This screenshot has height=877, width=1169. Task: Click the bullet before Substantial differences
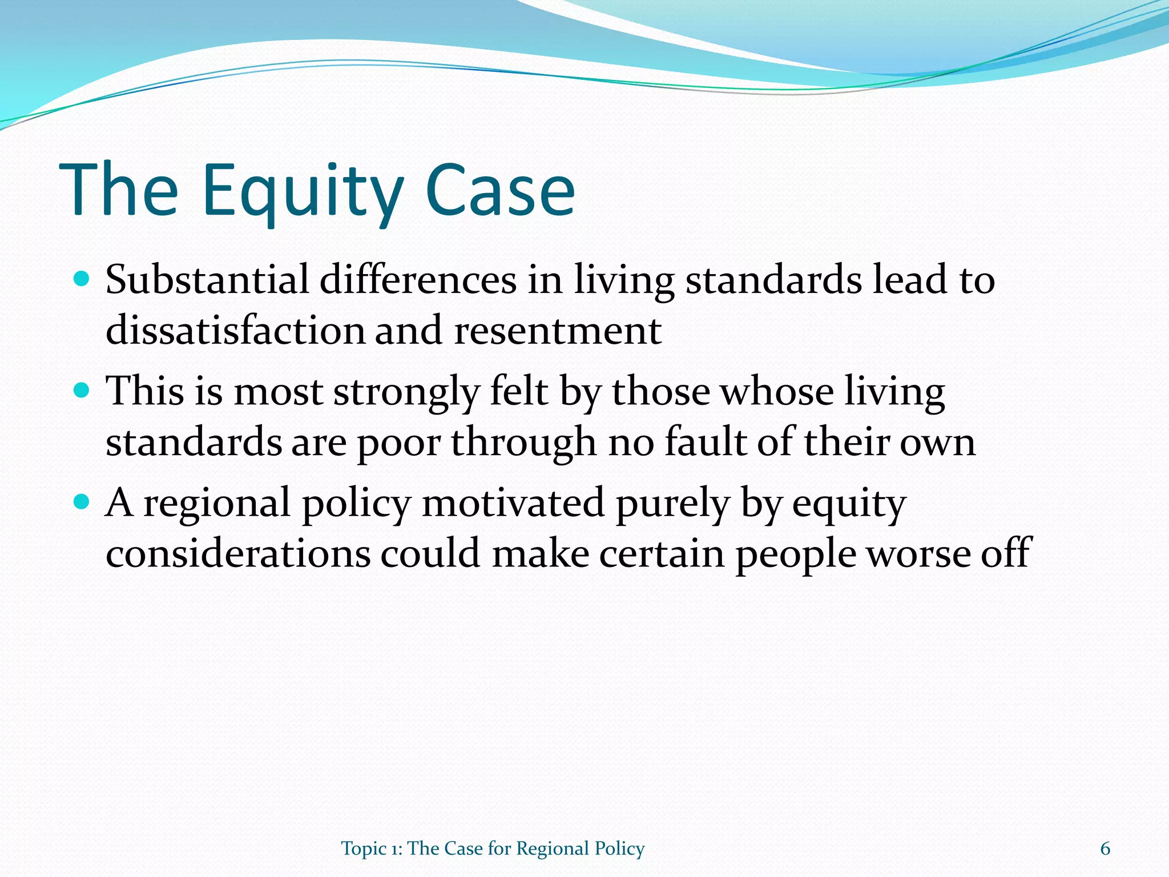click(82, 279)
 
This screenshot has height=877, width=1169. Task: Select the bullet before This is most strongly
click(82, 391)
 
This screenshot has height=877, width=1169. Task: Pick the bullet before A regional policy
click(82, 502)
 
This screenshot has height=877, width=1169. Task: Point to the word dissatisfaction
click(235, 331)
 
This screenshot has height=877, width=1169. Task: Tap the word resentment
click(558, 331)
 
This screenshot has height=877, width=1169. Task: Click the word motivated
click(513, 504)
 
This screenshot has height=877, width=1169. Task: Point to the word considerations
click(237, 554)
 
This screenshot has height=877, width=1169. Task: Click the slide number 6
click(1105, 848)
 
